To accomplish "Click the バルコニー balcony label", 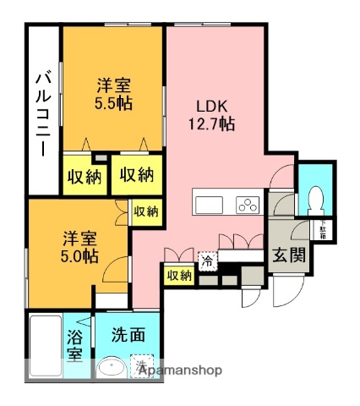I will pos(41,110).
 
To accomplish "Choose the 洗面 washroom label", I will pos(128,335).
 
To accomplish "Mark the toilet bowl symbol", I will pos(316,199).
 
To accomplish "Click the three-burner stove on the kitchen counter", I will pos(247,205).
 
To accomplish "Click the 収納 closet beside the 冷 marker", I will pos(178,275).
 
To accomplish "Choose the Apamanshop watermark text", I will pos(181,370).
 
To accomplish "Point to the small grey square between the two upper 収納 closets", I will pos(101,158).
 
